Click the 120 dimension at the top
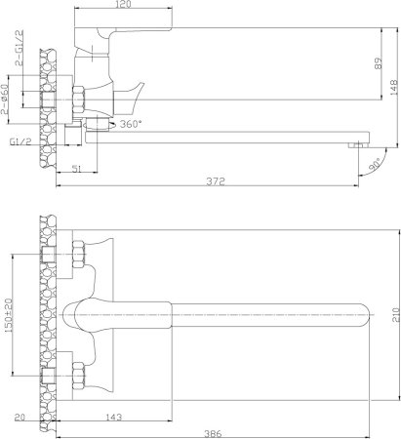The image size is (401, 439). click(123, 4)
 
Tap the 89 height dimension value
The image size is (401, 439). click(378, 63)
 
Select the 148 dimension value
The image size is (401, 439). click(393, 87)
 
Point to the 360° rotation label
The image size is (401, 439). click(131, 124)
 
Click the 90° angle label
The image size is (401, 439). click(375, 165)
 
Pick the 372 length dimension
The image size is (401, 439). click(216, 180)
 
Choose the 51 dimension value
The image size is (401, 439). click(77, 169)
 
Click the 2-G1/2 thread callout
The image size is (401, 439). click(20, 48)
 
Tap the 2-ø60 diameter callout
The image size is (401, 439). click(4, 99)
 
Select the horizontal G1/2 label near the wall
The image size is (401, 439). click(20, 141)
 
